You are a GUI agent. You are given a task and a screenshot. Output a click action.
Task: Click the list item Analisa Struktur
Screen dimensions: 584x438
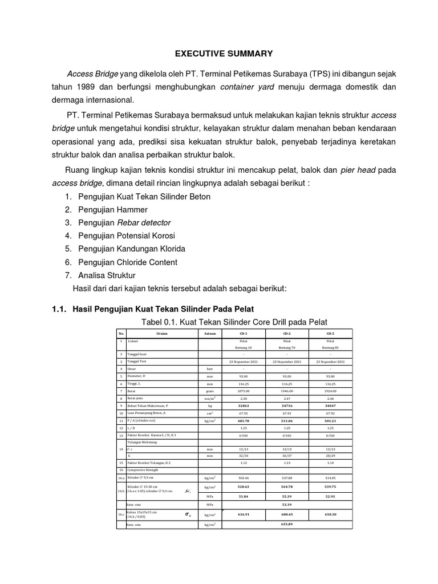click(107, 275)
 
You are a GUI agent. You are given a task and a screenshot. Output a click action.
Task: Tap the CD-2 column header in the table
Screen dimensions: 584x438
click(287, 333)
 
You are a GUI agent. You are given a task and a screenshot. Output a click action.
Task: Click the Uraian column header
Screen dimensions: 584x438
click(161, 333)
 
